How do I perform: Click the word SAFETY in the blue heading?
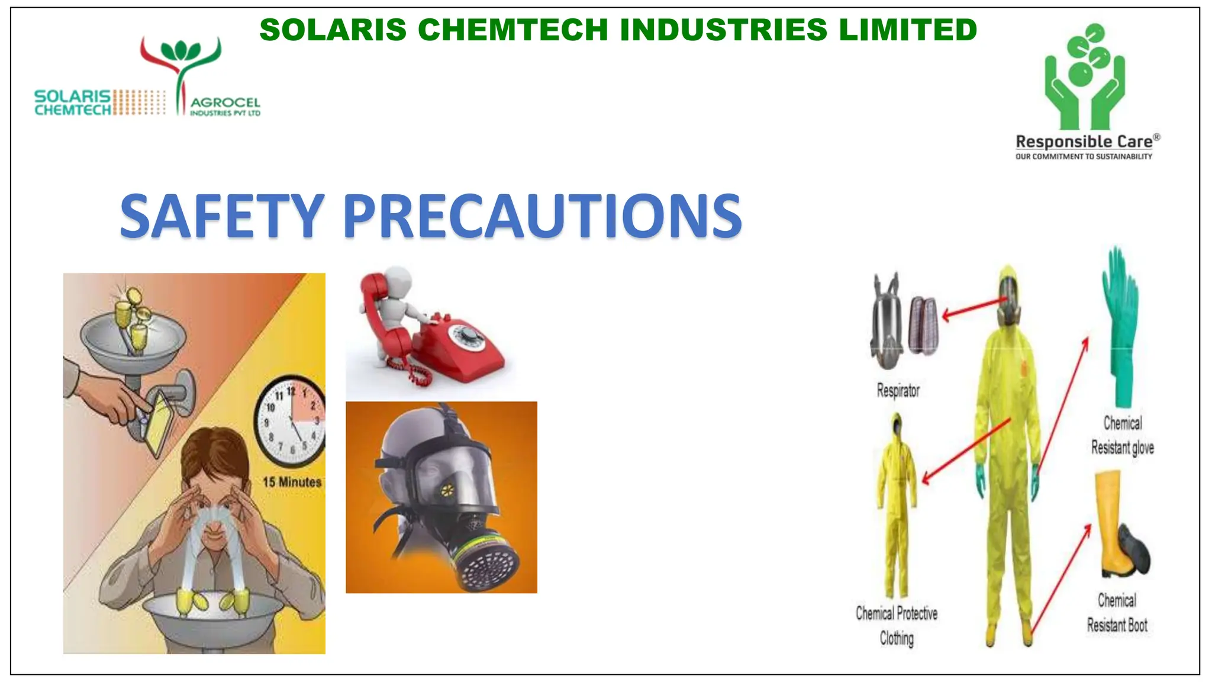[x=222, y=216]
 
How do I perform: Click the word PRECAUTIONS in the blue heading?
[x=541, y=216]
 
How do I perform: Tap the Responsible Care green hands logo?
[x=1085, y=77]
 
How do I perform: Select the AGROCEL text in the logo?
[x=225, y=103]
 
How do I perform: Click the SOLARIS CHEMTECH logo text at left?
[x=73, y=102]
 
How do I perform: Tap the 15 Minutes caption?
[x=292, y=482]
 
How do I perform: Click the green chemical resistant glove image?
[x=1120, y=326]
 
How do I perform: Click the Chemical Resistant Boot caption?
[x=1117, y=613]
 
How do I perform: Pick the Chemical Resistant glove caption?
[x=1122, y=436]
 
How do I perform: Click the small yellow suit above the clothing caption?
[x=897, y=503]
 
